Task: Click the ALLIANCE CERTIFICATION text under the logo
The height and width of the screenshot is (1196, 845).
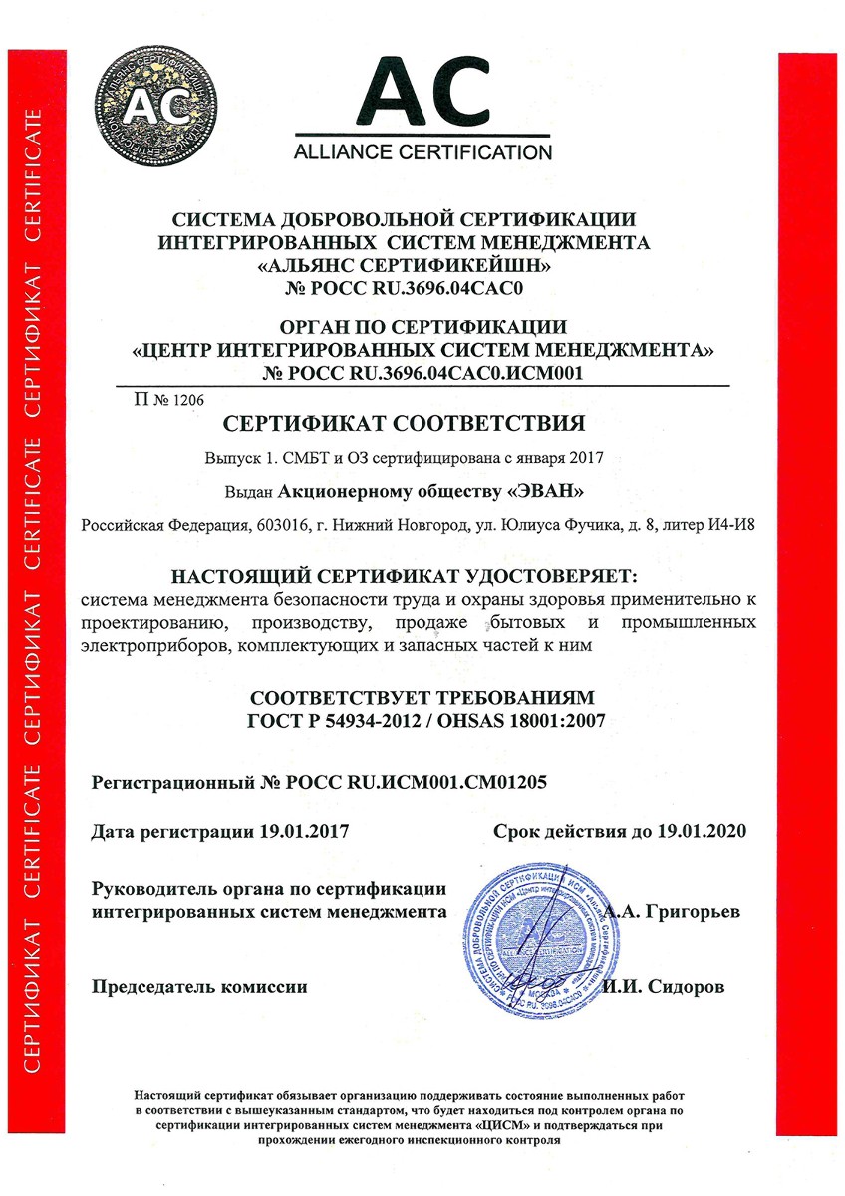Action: coord(422,152)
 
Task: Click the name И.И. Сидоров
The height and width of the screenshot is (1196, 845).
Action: coord(666,987)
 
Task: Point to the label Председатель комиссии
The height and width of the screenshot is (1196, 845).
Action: coord(199,987)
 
